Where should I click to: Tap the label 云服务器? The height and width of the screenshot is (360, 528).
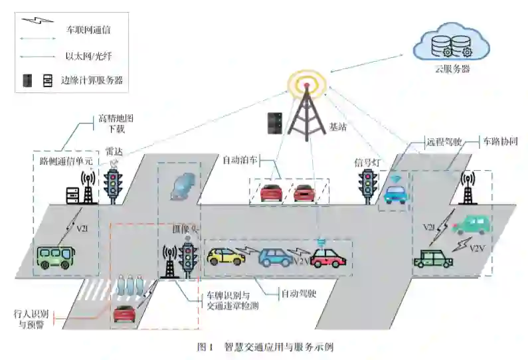point(450,69)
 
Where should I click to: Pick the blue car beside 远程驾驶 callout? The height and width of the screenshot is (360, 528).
point(395,193)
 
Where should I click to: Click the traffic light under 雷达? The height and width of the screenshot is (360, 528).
point(114,181)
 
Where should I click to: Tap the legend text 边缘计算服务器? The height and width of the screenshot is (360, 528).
point(92,81)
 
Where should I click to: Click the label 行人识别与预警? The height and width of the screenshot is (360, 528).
point(31,317)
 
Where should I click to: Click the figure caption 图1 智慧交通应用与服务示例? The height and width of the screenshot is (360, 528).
point(264,347)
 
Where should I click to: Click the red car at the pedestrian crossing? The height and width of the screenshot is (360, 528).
point(125,312)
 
